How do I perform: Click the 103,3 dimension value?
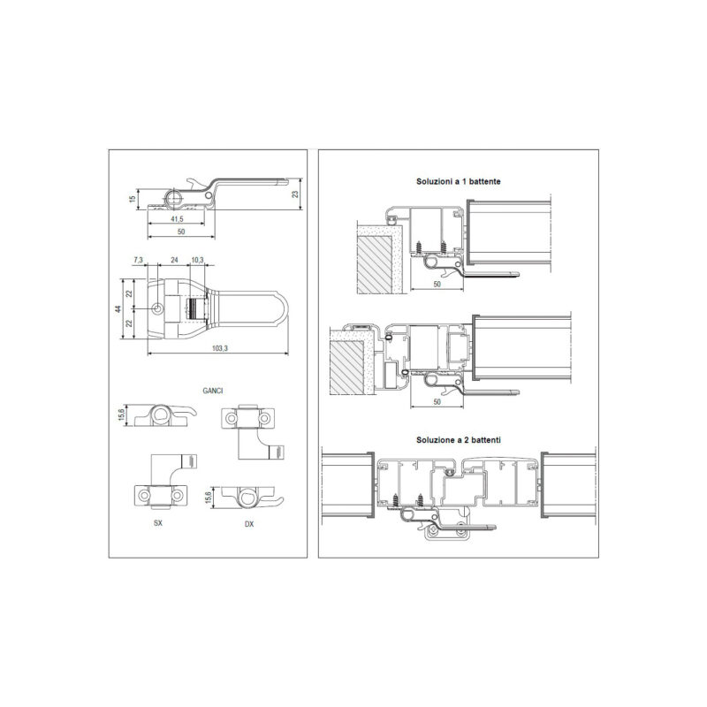219,348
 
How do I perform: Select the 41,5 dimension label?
178,219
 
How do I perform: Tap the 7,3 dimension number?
139,260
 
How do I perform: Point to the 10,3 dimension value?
197,260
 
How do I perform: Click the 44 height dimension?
118,308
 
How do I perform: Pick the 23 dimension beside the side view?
295,194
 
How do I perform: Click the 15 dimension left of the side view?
133,199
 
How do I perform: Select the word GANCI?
213,391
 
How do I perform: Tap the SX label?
158,523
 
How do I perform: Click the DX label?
249,524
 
